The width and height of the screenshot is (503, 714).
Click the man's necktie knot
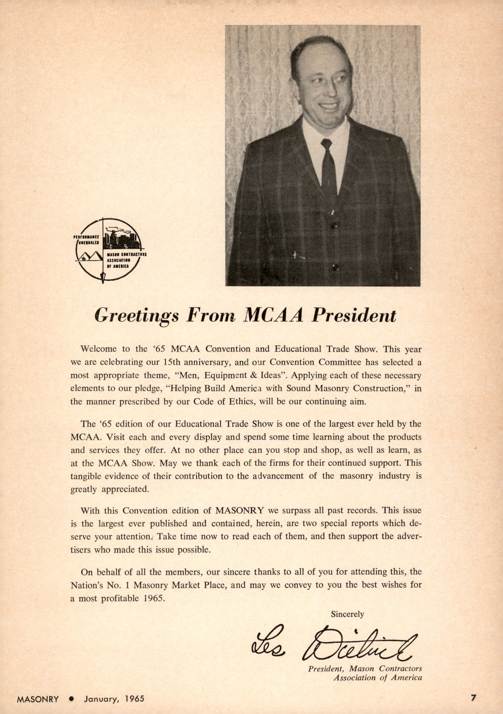326,143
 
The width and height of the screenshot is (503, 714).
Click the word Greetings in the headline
136,315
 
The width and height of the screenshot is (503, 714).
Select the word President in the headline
353,315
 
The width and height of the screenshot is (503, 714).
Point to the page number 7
473,698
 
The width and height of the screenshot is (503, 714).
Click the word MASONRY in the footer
38,699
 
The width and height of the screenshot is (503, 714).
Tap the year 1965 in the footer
134,699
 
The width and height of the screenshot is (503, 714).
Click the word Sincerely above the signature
347,614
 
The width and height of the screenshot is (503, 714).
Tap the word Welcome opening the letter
99,349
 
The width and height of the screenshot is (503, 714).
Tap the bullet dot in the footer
71,699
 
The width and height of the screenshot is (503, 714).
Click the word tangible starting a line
86,476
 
